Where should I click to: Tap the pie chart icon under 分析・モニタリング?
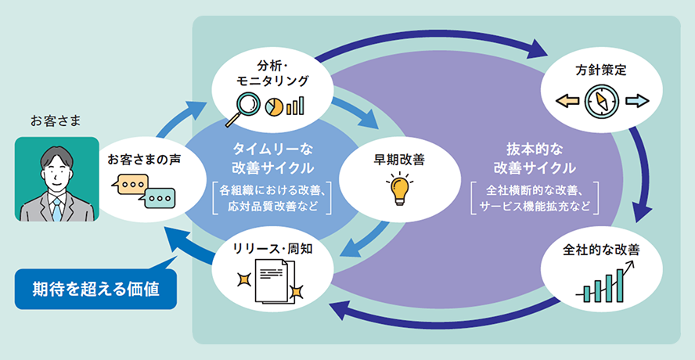275,105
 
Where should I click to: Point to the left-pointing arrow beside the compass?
569,100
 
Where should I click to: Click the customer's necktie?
56,207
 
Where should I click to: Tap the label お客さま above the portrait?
56,121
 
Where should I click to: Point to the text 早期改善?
399,159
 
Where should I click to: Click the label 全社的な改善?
601,251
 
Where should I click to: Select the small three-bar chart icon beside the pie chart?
295,105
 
